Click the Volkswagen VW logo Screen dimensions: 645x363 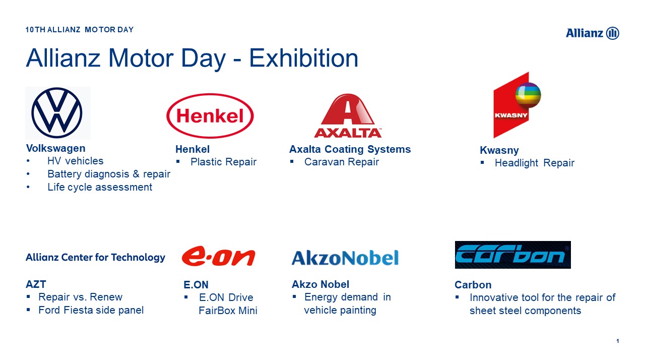pyautogui.click(x=57, y=112)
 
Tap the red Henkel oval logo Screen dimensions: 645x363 pyautogui.click(x=210, y=115)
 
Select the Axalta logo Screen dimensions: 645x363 pyautogui.click(x=348, y=115)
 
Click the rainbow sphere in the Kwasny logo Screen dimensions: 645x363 pyautogui.click(x=528, y=95)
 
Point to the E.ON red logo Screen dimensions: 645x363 pyautogui.click(x=218, y=256)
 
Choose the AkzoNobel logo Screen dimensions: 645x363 pyautogui.click(x=345, y=258)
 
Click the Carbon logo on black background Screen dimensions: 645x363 pyautogui.click(x=512, y=255)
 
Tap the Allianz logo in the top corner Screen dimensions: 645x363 pyautogui.click(x=592, y=33)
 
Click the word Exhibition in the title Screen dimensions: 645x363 pyautogui.click(x=303, y=58)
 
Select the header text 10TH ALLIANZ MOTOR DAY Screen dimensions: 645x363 pyautogui.click(x=80, y=30)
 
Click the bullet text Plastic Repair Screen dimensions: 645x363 pyautogui.click(x=223, y=162)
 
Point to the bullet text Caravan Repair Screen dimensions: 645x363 pyautogui.click(x=342, y=162)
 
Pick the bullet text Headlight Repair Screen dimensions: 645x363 pyautogui.click(x=535, y=163)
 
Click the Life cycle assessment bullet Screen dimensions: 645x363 pyautogui.click(x=100, y=187)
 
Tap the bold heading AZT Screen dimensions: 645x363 pyautogui.click(x=36, y=284)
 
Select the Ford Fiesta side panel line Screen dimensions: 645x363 pyautogui.click(x=91, y=310)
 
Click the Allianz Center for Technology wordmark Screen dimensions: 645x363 pyautogui.click(x=95, y=257)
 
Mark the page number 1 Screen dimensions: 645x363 pyautogui.click(x=618, y=341)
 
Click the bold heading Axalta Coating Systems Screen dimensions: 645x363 pyautogui.click(x=350, y=149)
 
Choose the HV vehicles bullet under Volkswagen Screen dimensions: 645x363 pyautogui.click(x=76, y=161)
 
